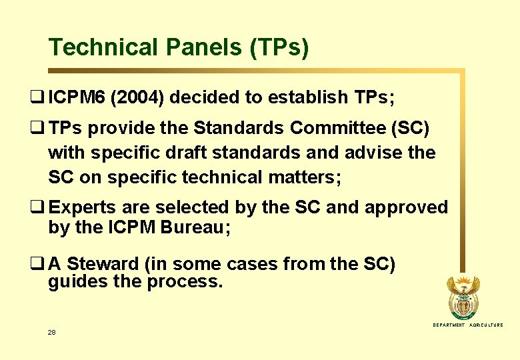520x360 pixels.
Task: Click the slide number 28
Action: tap(52, 331)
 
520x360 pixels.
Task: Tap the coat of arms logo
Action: tap(462, 297)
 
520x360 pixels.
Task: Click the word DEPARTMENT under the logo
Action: tap(449, 325)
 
